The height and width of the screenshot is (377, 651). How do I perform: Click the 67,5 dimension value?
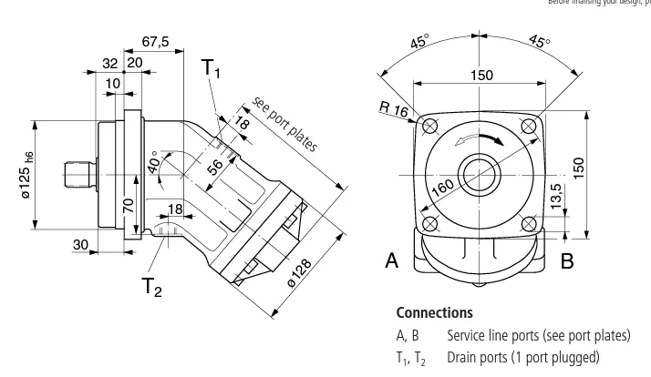(x=156, y=42)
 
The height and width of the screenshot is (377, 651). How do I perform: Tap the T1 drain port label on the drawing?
(x=212, y=68)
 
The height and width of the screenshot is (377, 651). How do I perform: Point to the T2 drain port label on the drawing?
(x=151, y=288)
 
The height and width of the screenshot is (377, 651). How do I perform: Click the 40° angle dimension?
(x=155, y=163)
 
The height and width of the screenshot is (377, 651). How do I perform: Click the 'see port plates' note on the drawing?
(x=284, y=124)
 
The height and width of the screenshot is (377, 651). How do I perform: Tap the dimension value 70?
(x=129, y=204)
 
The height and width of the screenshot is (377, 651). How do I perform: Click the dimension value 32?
(x=110, y=63)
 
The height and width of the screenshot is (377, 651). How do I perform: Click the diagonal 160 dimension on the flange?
(x=443, y=188)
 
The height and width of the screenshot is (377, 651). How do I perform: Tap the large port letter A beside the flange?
(x=392, y=260)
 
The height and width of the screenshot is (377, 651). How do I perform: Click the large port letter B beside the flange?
(x=567, y=261)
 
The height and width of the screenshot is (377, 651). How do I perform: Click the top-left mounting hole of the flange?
(x=429, y=124)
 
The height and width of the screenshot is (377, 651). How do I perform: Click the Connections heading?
(x=434, y=312)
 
